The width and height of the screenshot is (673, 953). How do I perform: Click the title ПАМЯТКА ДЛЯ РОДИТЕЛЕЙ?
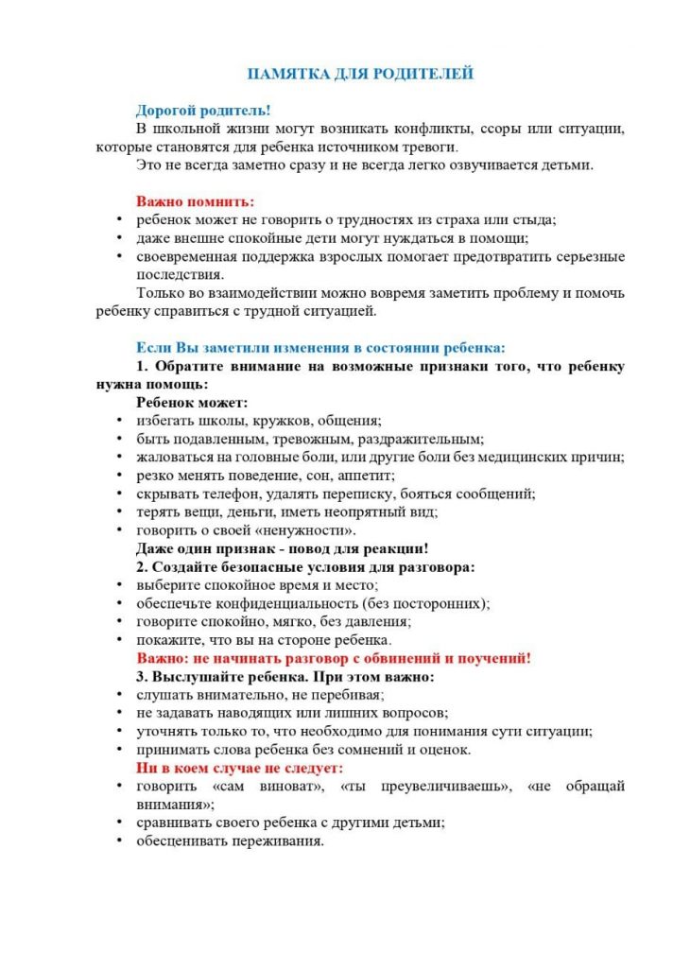pyautogui.click(x=359, y=74)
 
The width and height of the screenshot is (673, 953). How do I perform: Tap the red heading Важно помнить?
pyautogui.click(x=195, y=201)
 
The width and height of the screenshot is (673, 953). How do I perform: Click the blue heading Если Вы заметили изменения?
pyautogui.click(x=321, y=346)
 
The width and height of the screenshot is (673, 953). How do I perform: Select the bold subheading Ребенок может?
pyautogui.click(x=192, y=402)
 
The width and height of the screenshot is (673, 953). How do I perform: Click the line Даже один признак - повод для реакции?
pyautogui.click(x=283, y=548)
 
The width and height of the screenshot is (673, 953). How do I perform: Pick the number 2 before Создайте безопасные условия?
pyautogui.click(x=141, y=567)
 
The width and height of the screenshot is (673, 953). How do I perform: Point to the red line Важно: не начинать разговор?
pyautogui.click(x=334, y=659)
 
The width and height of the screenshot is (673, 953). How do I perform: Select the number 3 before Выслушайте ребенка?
pyautogui.click(x=141, y=677)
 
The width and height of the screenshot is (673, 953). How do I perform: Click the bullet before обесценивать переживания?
pyautogui.click(x=118, y=841)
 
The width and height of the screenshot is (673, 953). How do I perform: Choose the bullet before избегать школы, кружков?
pyautogui.click(x=118, y=420)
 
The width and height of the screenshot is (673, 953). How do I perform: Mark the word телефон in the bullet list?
pyautogui.click(x=224, y=494)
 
